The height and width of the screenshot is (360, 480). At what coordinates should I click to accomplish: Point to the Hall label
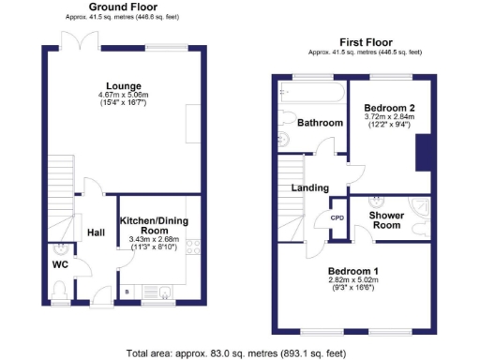click(96, 232)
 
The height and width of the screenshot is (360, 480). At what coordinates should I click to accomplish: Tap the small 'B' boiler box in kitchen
click(127, 292)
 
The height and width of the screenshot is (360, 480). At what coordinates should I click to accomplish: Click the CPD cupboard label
click(337, 217)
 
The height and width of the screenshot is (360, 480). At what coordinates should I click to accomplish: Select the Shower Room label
click(386, 220)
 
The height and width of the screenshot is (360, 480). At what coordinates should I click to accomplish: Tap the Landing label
click(310, 188)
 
